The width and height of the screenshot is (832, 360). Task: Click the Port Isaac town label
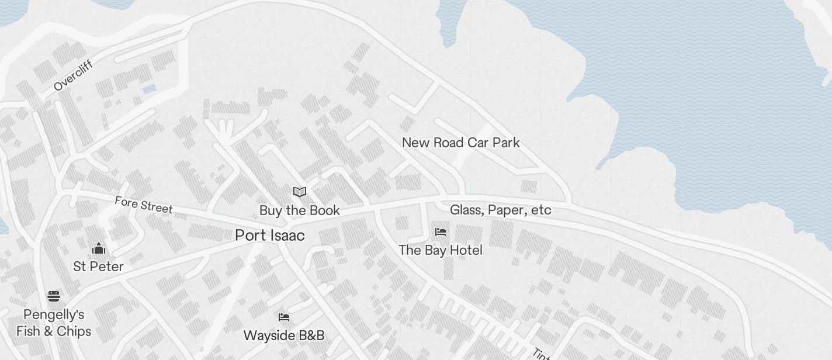(269, 236)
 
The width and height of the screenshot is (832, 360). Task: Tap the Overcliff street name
(73, 76)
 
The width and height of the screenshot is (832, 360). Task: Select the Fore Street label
(143, 205)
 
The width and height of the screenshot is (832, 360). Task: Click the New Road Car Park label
(460, 143)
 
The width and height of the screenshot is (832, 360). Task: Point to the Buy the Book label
(299, 210)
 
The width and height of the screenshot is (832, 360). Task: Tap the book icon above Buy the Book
(300, 192)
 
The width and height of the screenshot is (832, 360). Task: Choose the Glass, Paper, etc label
(500, 210)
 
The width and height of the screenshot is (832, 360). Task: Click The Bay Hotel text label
(440, 250)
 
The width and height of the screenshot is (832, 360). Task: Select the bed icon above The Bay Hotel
(441, 232)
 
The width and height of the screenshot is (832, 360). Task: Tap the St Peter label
(98, 266)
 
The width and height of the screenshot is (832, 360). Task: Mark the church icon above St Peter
(98, 248)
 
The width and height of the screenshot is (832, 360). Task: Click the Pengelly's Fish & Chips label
(54, 323)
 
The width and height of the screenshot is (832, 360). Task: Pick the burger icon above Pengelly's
(54, 296)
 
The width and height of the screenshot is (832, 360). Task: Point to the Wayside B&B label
(283, 335)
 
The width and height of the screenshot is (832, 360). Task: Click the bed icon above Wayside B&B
(284, 317)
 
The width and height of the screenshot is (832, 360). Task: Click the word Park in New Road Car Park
(506, 143)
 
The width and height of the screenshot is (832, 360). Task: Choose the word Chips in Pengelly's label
(73, 331)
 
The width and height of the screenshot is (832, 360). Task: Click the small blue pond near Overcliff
(150, 89)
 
